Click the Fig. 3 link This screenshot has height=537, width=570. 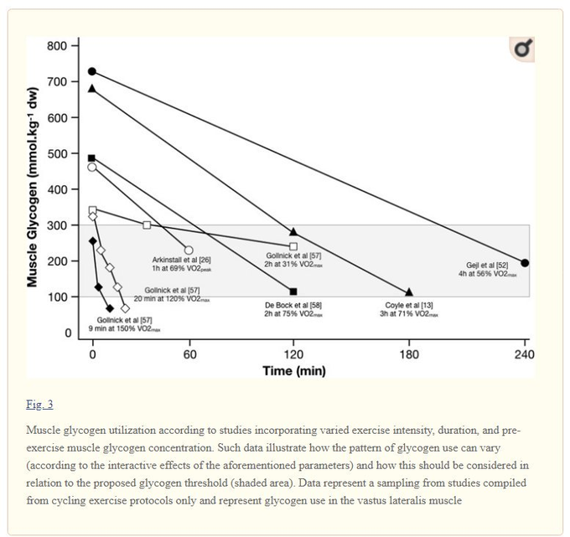[39, 405]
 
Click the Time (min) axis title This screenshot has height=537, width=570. [293, 370]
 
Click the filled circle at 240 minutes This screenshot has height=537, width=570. [525, 263]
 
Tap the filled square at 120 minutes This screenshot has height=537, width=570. [293, 292]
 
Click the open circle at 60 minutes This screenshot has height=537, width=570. [189, 250]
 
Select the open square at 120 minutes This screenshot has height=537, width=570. [293, 246]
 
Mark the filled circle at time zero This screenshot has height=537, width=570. [92, 71]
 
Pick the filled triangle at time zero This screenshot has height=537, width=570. [92, 88]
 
